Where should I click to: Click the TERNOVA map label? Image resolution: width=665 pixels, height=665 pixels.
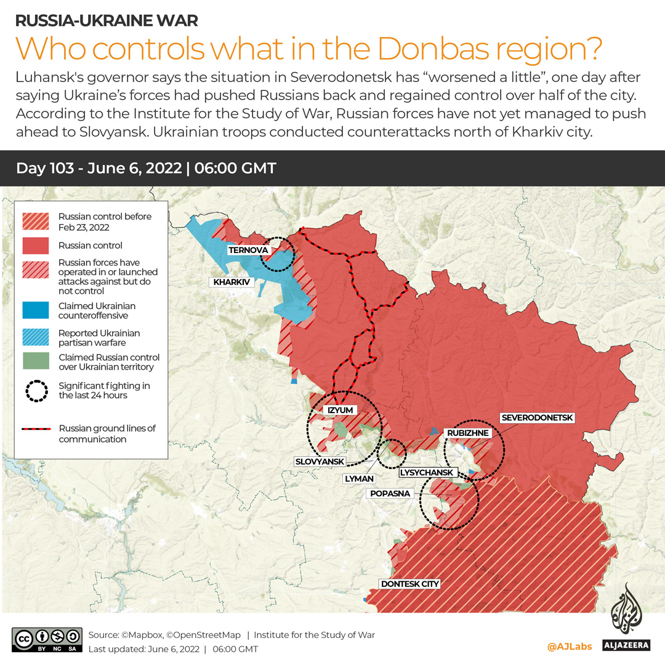click(x=248, y=251)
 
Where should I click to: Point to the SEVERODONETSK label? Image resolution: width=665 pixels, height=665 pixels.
click(x=538, y=417)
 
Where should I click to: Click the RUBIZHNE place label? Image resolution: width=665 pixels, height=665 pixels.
click(x=468, y=433)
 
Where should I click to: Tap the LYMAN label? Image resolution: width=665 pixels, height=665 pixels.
click(x=360, y=478)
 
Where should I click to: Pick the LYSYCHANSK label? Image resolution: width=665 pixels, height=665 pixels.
click(x=427, y=473)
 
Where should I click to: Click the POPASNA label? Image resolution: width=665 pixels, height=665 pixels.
click(x=390, y=493)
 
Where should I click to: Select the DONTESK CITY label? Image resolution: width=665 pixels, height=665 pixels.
click(x=410, y=584)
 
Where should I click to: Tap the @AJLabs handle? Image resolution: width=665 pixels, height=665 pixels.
click(x=569, y=646)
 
